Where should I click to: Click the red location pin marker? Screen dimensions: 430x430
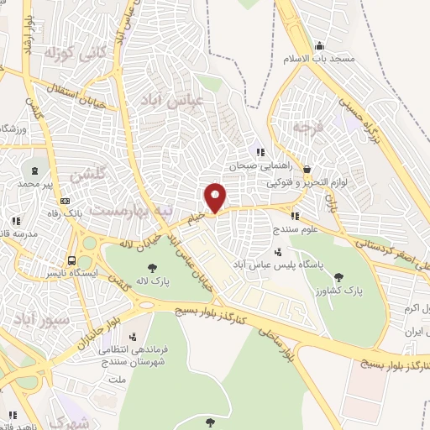tap(216, 197)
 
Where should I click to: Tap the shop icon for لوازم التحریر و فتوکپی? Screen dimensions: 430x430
tap(306, 168)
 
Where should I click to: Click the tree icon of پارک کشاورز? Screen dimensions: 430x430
tap(338, 276)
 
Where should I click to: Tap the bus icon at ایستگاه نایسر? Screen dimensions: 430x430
tap(72, 260)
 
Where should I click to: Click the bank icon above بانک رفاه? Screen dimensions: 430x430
tap(66, 202)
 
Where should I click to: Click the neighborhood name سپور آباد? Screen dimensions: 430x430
tap(39, 317)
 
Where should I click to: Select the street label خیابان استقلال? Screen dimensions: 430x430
tap(85, 97)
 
